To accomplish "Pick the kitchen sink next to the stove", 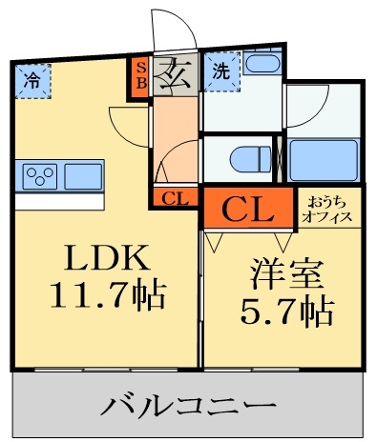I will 82,177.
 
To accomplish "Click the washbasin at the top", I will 259,65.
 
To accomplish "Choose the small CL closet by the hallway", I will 174,198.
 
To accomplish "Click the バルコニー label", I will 187,406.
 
